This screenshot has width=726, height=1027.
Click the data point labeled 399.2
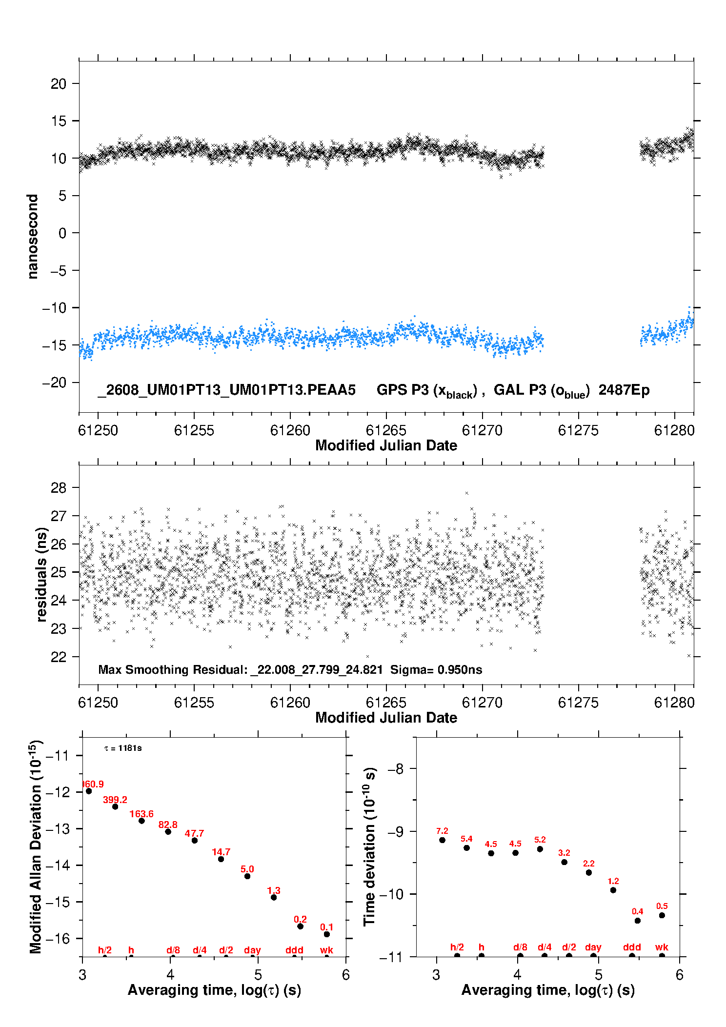[115, 806]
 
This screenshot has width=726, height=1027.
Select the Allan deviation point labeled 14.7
[221, 859]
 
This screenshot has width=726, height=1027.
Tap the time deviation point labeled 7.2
[442, 840]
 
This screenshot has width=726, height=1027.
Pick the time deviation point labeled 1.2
[613, 890]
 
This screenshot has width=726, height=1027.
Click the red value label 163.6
[141, 814]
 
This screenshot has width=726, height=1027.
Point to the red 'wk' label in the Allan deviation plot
[326, 950]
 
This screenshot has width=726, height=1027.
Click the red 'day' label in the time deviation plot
[593, 947]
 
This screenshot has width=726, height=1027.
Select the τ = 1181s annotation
[123, 748]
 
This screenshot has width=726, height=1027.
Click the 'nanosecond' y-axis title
[32, 237]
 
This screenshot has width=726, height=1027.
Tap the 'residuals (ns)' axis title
[41, 574]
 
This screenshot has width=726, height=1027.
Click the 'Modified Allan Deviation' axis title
[35, 846]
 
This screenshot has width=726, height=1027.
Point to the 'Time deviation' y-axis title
[369, 846]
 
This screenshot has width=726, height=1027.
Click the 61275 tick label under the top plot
[578, 430]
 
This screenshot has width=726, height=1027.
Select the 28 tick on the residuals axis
[59, 487]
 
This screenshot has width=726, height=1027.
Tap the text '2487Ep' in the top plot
[624, 390]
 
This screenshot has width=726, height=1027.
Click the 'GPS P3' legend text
[403, 390]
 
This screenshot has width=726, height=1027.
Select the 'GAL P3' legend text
[520, 390]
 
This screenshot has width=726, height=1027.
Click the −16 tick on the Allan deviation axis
[58, 938]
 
